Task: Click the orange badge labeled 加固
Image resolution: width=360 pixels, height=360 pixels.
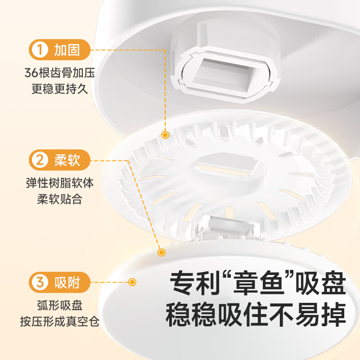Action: (x=59, y=49)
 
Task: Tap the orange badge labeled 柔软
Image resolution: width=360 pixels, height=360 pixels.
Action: (x=59, y=160)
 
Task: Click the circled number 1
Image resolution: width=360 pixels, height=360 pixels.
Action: (x=41, y=49)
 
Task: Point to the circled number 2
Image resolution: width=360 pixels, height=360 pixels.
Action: (x=41, y=160)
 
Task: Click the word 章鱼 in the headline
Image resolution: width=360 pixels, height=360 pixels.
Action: (x=255, y=285)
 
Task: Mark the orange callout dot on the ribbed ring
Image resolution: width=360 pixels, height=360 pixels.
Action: (x=165, y=135)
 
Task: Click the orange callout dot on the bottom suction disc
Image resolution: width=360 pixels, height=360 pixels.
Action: (x=132, y=282)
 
